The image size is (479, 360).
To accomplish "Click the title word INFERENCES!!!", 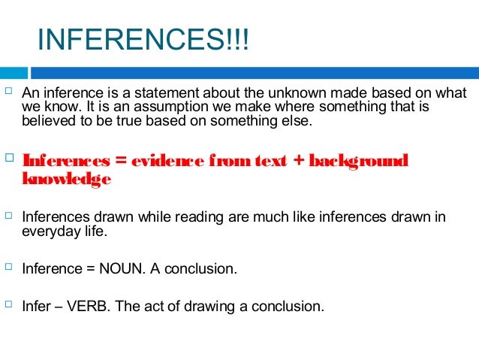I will (142, 41).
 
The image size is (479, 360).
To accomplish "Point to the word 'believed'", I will (47, 120).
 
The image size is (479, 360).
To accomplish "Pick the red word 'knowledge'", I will (67, 179).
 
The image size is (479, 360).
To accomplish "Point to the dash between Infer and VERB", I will (60, 306).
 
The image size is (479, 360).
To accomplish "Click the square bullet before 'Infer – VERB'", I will (9, 305).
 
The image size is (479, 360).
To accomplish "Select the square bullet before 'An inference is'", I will (9, 92).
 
